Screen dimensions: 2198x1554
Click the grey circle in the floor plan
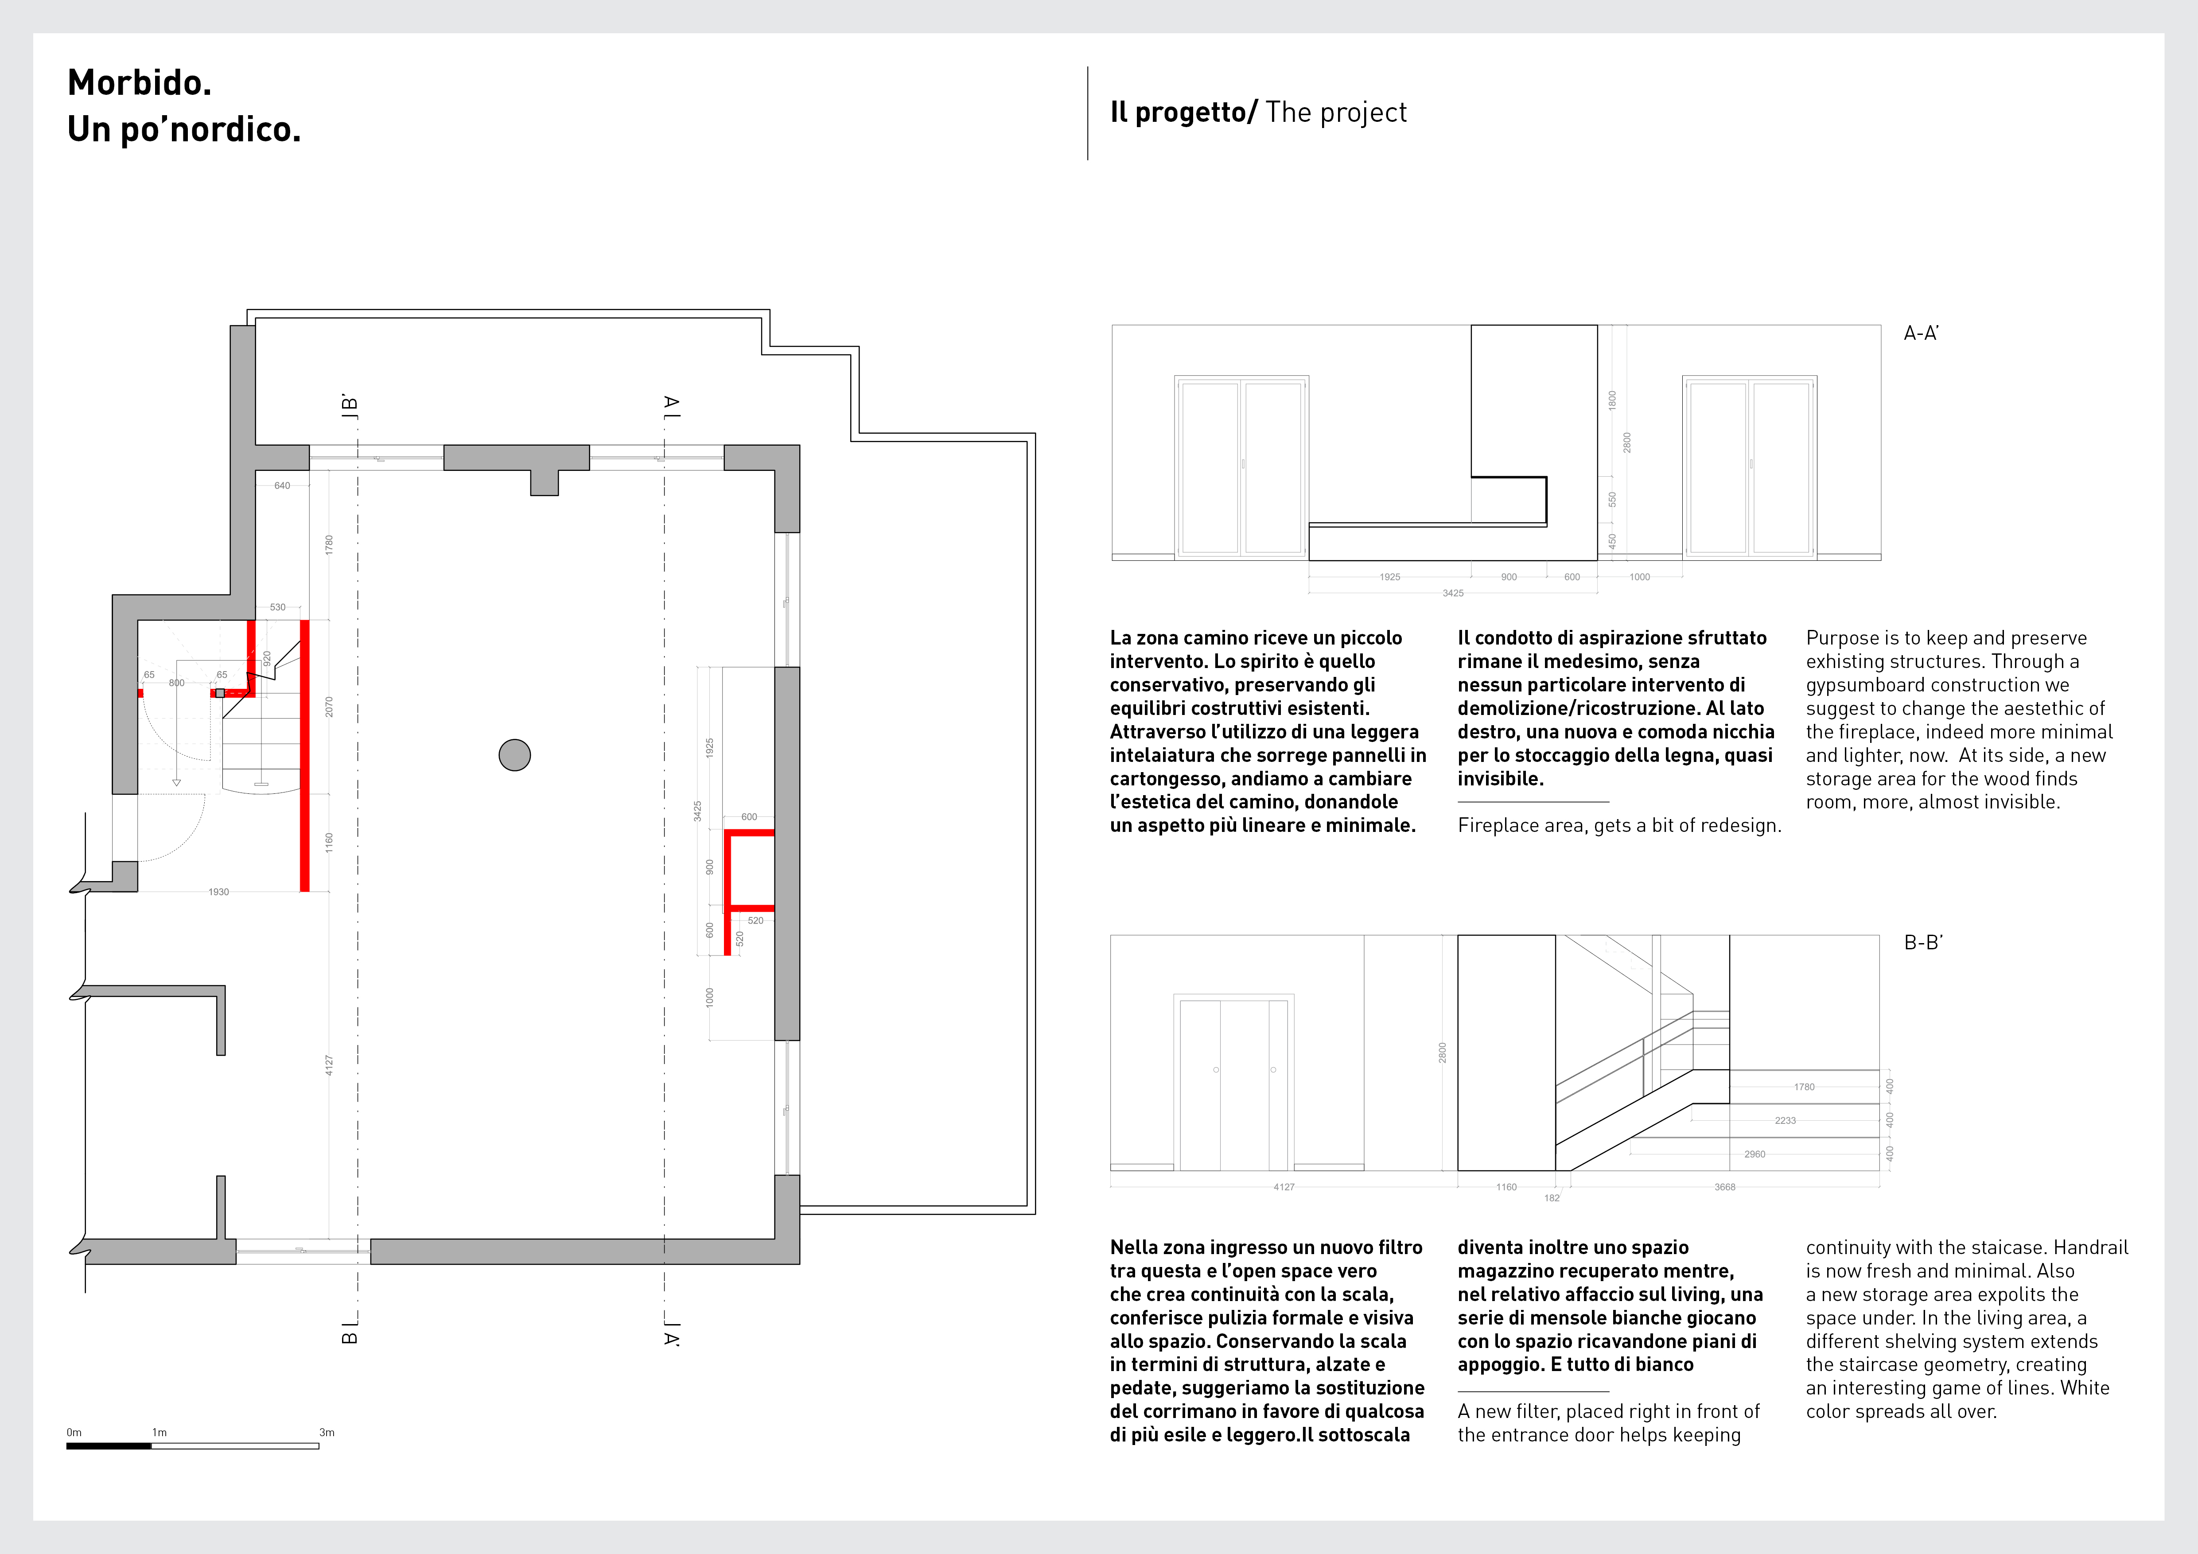click(x=515, y=755)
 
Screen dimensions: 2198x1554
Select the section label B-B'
click(x=1922, y=943)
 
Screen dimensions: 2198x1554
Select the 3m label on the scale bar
click(x=327, y=1433)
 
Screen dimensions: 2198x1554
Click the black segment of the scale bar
click(x=109, y=1446)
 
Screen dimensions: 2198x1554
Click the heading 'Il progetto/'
click(x=1183, y=113)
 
